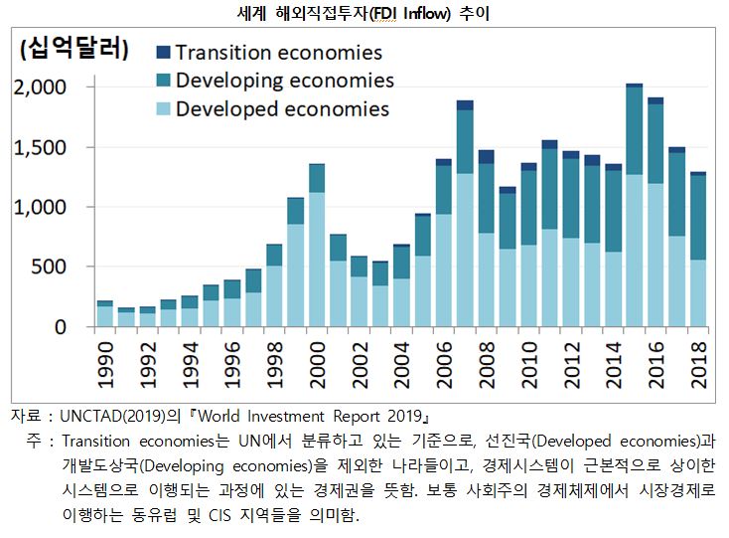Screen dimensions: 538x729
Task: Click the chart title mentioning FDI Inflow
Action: coord(364,15)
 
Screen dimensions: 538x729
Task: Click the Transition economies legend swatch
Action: coord(164,53)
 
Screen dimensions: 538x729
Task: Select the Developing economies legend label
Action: coord(285,81)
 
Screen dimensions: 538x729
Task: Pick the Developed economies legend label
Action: coord(282,108)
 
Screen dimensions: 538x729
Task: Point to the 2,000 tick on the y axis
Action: coord(41,88)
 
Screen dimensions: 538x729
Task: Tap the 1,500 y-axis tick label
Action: coord(41,147)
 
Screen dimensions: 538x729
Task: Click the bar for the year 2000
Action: coord(317,249)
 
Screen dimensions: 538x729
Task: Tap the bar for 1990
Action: coord(104,314)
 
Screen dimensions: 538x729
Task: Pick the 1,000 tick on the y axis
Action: coord(41,207)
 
